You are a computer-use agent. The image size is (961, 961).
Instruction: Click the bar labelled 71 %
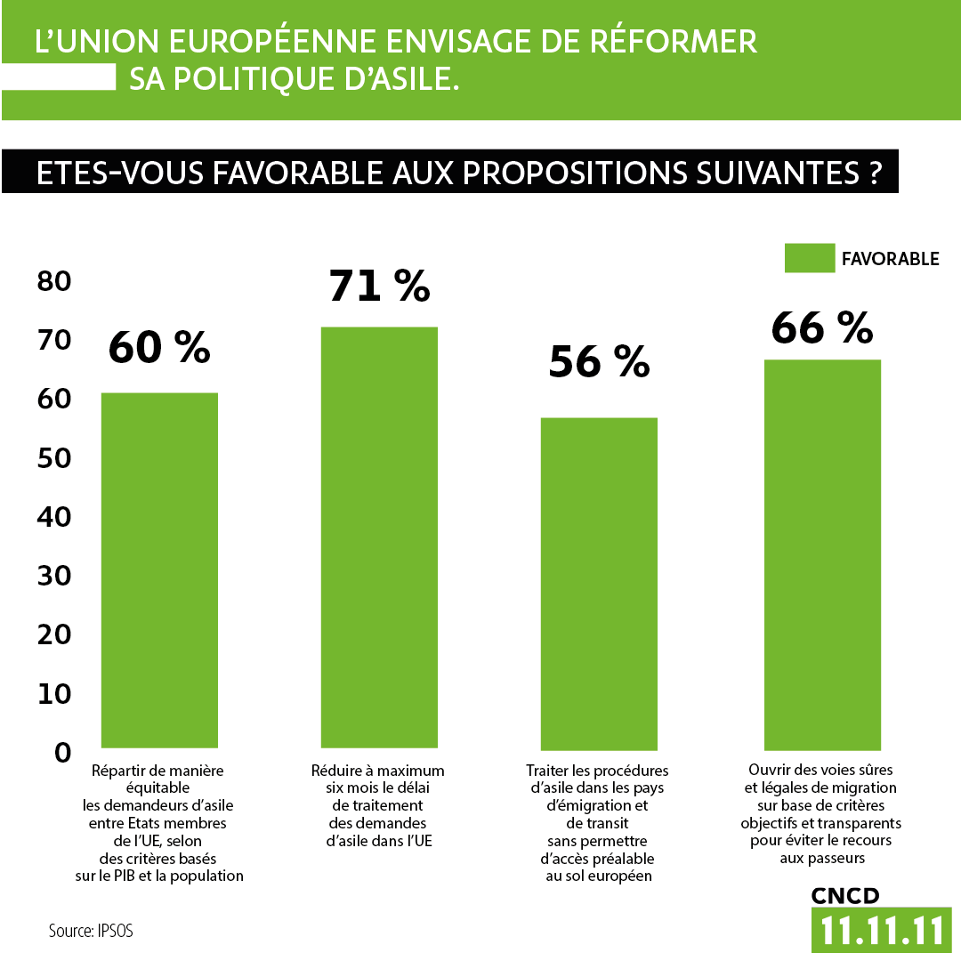point(378,537)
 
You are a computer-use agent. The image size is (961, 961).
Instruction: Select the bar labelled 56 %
point(599,583)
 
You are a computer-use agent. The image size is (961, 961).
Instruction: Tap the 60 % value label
point(159,347)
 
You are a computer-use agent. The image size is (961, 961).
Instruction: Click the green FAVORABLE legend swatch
point(809,258)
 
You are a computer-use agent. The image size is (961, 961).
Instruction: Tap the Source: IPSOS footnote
point(95,931)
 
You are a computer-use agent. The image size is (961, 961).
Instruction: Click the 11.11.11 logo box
point(881,930)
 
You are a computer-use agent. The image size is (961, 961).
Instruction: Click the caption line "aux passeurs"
point(822,858)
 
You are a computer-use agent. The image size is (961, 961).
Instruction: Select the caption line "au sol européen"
point(598,876)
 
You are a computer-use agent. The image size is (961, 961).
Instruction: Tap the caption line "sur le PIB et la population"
point(158,876)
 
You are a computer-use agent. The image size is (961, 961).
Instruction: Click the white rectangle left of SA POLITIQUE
point(59,78)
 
